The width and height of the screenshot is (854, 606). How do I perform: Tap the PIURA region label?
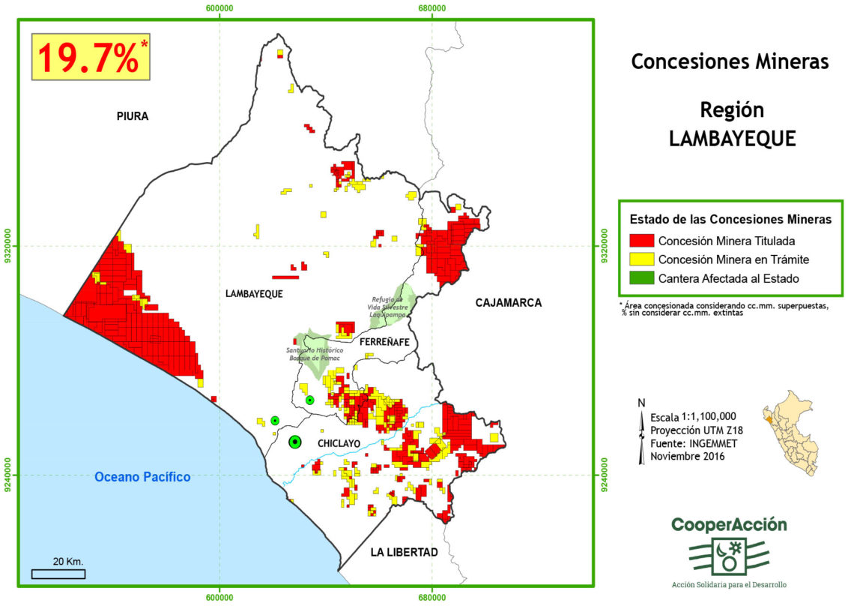click(x=133, y=116)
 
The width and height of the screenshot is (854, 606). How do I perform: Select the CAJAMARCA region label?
click(x=508, y=302)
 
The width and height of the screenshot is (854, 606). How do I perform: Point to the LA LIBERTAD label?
click(x=404, y=552)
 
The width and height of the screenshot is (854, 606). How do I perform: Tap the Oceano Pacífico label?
click(x=143, y=476)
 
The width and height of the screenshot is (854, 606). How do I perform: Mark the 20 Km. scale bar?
click(x=58, y=574)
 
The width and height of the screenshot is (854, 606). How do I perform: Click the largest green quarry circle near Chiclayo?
click(x=295, y=442)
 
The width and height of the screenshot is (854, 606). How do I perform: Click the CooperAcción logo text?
click(x=729, y=525)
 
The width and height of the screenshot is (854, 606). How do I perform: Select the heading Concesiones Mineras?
click(x=730, y=61)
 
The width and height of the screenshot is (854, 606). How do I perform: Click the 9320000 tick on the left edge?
click(x=9, y=245)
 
